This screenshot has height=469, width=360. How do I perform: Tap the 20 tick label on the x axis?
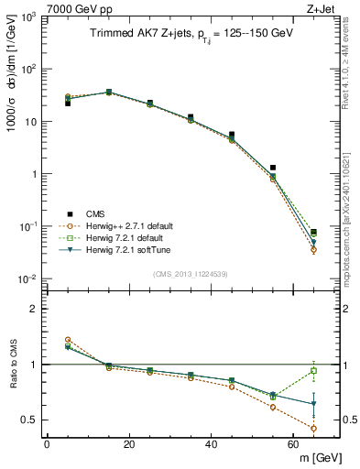pyautogui.click(x=128, y=444)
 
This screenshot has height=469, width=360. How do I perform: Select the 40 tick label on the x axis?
pyautogui.click(x=211, y=444)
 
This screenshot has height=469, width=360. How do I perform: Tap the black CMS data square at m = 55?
pyautogui.click(x=273, y=168)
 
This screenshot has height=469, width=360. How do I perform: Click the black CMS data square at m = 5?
pyautogui.click(x=67, y=104)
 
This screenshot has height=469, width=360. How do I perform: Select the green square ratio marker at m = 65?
pyautogui.click(x=314, y=370)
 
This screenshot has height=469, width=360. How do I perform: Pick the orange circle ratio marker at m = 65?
pyautogui.click(x=314, y=428)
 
